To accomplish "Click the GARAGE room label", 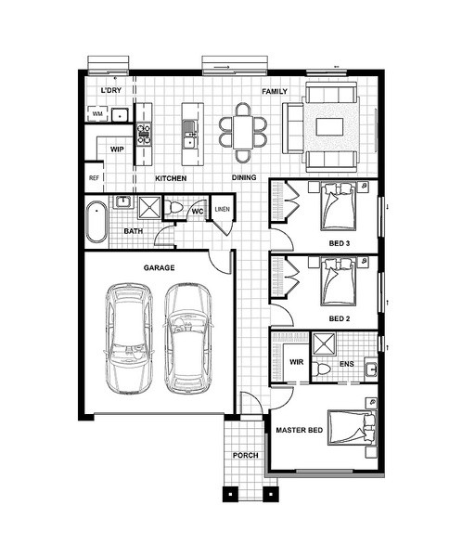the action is [159, 267].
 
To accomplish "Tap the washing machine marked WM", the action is [97, 113].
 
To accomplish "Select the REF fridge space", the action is [94, 177].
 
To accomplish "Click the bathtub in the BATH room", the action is [96, 222].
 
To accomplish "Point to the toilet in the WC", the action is [173, 207].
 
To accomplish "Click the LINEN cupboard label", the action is [223, 209].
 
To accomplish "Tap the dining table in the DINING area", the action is [243, 133].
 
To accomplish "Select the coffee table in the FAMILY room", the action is [329, 127].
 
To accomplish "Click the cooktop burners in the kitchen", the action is [144, 134].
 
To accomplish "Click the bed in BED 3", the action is [338, 206].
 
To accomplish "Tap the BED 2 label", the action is [340, 318].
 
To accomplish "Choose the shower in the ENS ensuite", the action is [324, 343].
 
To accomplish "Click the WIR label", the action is [297, 362].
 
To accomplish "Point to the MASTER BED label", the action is [300, 430].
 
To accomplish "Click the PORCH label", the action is [246, 455].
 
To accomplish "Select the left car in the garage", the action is [129, 339].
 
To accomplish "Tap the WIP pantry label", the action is [117, 149].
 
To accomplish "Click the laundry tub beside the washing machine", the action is [121, 115].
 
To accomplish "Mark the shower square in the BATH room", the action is [149, 207].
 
